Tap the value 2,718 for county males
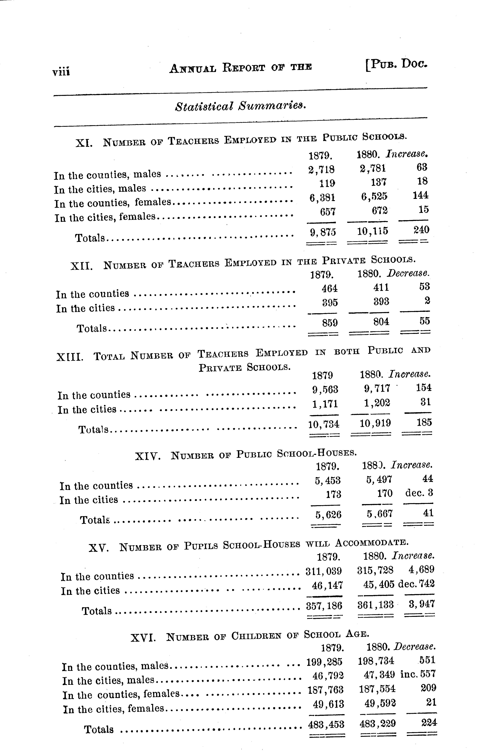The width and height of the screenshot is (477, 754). coord(321,169)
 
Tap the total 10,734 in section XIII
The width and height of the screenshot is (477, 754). coord(323,424)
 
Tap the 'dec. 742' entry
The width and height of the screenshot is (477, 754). coord(416,584)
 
